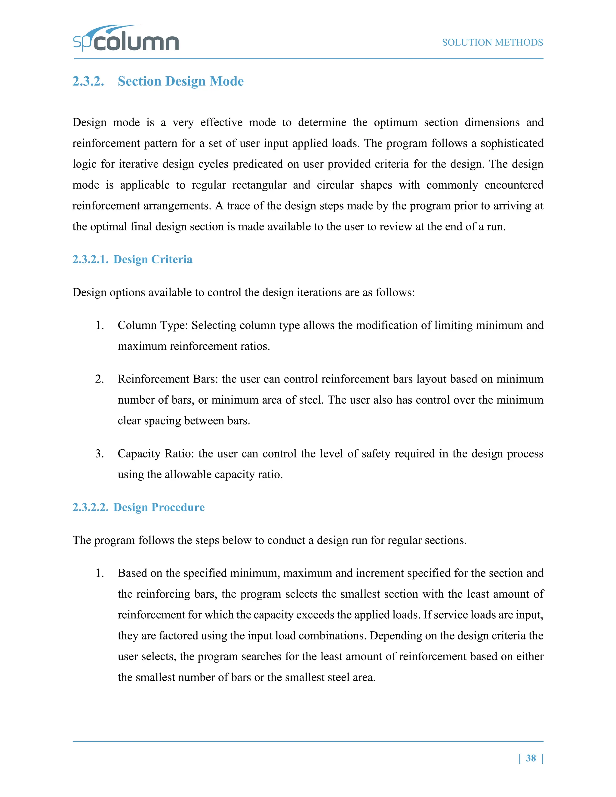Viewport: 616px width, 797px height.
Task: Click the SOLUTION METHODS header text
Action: [492, 43]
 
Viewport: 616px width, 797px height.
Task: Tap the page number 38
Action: [531, 758]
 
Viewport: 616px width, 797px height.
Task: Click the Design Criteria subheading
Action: [152, 260]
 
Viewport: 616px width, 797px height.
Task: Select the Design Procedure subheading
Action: [159, 507]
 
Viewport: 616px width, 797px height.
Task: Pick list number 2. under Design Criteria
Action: [100, 379]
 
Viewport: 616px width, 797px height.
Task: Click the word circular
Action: [335, 185]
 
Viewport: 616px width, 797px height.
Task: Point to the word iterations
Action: [304, 293]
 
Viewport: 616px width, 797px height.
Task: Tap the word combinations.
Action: [331, 636]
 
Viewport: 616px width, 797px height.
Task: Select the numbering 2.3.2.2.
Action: [91, 507]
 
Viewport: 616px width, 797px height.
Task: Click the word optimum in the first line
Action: [396, 123]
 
